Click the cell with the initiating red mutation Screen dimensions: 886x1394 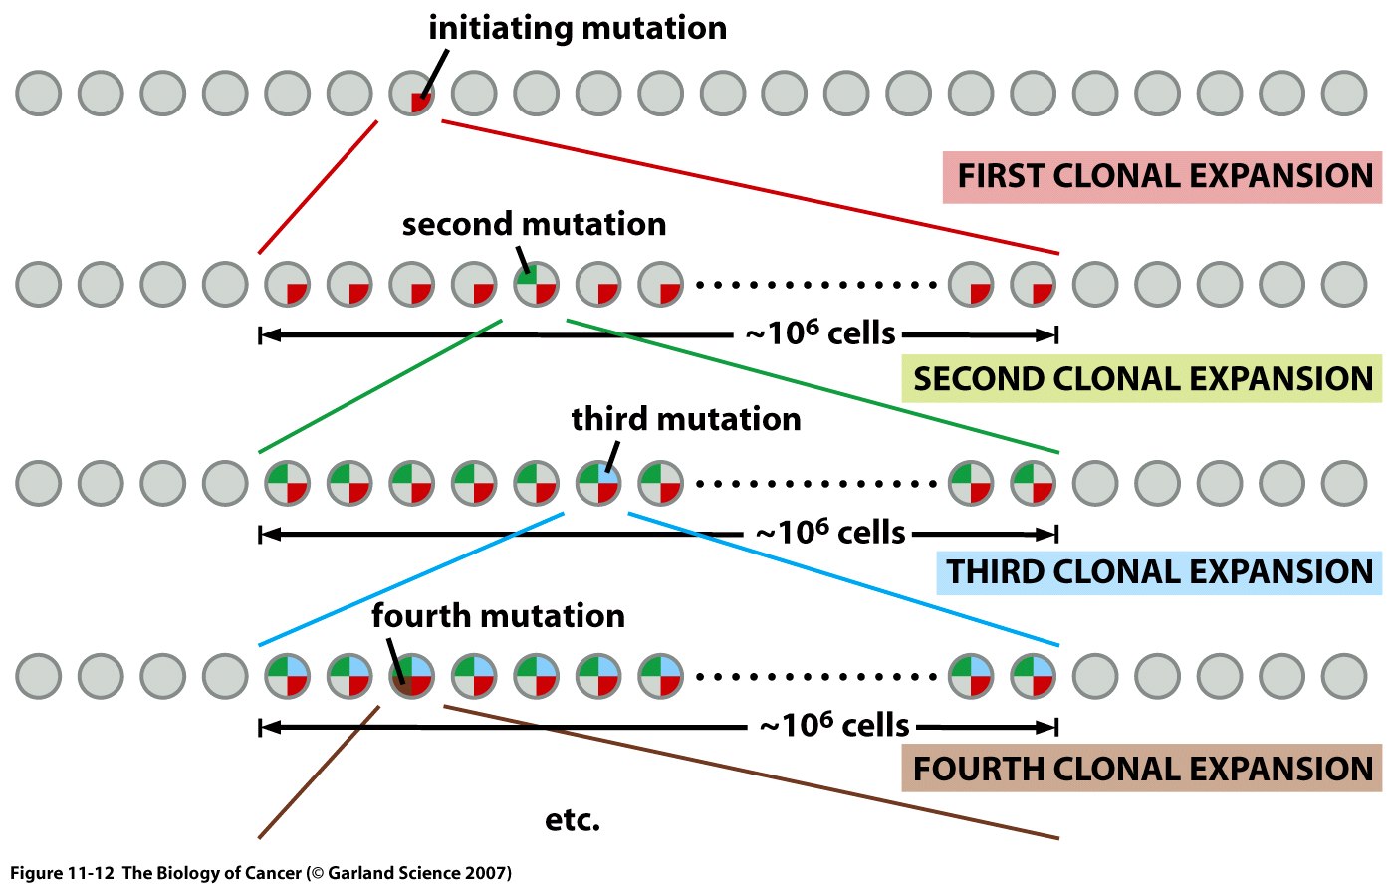tap(412, 94)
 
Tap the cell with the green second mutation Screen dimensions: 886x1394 tap(537, 284)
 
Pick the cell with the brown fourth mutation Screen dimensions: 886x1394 tap(412, 676)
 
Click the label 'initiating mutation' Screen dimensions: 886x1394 tap(578, 28)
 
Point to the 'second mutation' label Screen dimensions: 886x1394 tap(534, 224)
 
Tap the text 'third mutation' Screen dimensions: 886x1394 tap(686, 419)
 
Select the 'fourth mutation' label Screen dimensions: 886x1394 tap(498, 616)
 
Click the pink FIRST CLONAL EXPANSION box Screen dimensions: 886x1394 tap(1162, 177)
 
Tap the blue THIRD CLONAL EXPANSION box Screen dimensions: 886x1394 tap(1159, 572)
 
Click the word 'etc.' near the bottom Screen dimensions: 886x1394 tap(573, 821)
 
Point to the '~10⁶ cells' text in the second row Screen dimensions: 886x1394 tap(820, 333)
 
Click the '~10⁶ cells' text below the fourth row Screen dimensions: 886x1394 tap(834, 726)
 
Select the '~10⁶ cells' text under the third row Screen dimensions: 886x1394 tap(830, 533)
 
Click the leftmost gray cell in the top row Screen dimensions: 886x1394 tap(39, 94)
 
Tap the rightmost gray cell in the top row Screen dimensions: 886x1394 tap(1345, 94)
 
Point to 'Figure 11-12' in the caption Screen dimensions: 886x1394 tap(63, 873)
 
